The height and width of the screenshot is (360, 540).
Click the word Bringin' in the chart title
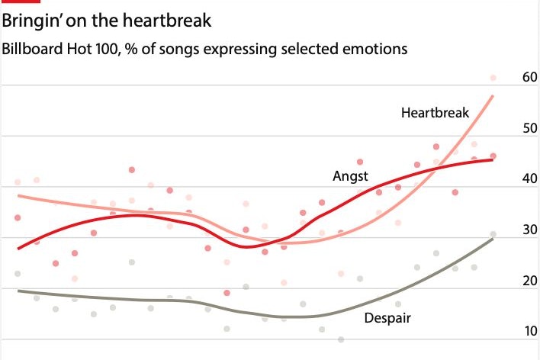tap(31, 19)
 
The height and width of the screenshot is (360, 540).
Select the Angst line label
tap(349, 175)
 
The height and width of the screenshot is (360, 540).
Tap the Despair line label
tap(388, 317)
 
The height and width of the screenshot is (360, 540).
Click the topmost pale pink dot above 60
tap(493, 78)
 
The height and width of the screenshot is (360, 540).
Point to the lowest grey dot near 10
tap(341, 339)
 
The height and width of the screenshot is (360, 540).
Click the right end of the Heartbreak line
tap(493, 96)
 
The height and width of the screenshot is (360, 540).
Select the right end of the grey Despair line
tap(493, 239)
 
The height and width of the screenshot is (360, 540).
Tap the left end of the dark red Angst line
tap(18, 249)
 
